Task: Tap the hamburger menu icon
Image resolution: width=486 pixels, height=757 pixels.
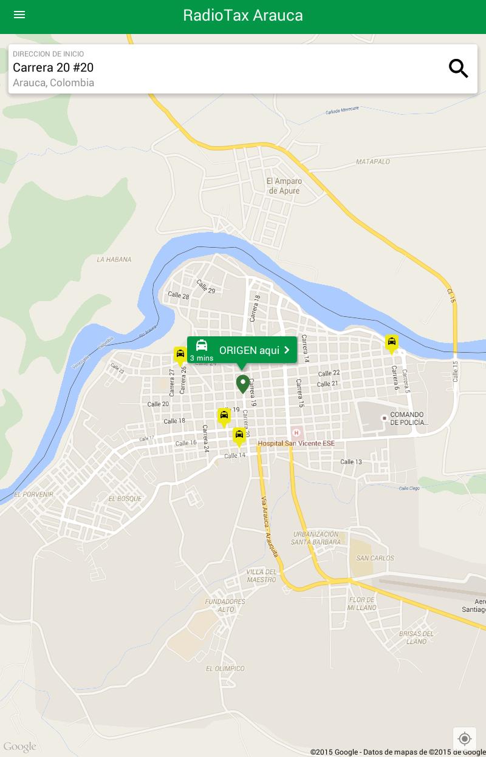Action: coord(19,15)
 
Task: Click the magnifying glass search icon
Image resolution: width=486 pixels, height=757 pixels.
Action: coord(459,69)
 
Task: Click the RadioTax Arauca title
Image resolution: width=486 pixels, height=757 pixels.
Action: coord(243,15)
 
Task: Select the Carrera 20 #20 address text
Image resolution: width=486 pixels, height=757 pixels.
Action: coord(53,67)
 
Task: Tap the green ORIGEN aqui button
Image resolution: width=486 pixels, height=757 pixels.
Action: coord(242,350)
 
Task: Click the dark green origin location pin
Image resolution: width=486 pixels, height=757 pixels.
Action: coord(242,384)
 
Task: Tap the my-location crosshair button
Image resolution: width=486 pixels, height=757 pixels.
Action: coord(465,738)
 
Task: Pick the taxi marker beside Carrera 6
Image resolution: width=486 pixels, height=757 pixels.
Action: coord(392,344)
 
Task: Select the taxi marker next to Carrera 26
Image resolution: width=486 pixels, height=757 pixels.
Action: coord(180,355)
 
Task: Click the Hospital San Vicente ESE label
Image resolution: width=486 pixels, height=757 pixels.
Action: coord(296,444)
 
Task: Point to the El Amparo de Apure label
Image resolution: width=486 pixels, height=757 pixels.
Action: coord(284,186)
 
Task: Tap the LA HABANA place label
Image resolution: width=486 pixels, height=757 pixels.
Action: coord(114,259)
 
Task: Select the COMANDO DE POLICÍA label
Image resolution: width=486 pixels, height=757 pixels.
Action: coord(406,419)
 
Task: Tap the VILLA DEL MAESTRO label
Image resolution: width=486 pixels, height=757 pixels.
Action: coord(262,575)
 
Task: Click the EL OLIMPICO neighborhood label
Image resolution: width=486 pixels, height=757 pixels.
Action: coord(225,668)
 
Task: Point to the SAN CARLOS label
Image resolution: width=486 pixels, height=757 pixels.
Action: coord(375,558)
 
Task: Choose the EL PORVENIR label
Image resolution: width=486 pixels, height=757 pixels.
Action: coord(33,494)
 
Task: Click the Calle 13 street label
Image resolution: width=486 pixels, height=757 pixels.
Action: coord(351,462)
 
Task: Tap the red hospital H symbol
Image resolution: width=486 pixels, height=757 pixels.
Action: coord(296,433)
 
